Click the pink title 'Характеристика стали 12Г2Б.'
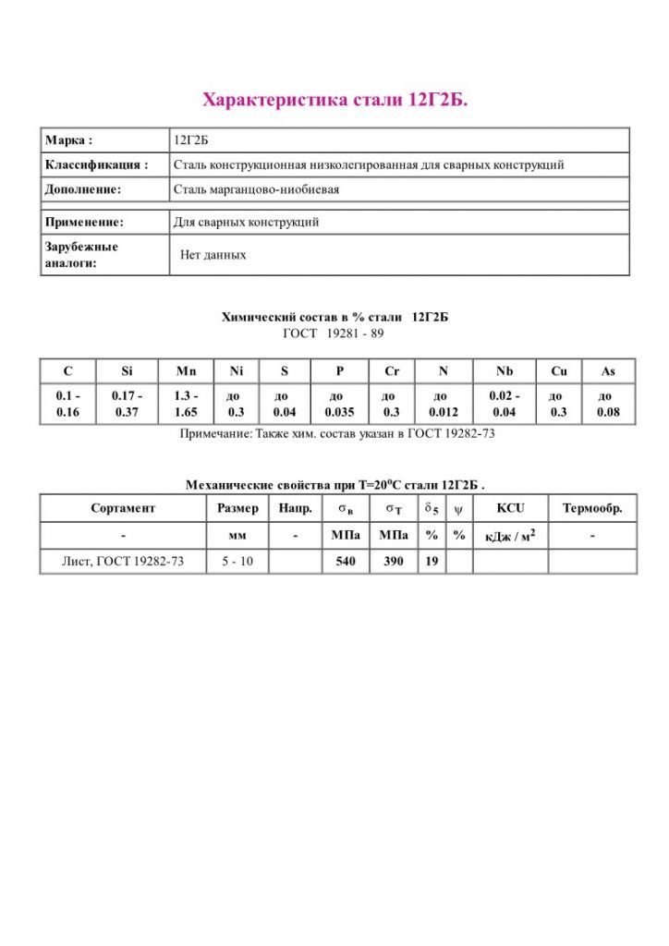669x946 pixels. (x=334, y=100)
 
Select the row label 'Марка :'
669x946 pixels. (x=68, y=140)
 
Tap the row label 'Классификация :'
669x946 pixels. (x=96, y=164)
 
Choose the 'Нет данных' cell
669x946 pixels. (x=213, y=254)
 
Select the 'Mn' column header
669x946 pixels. (x=187, y=371)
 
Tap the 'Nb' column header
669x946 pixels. (x=504, y=371)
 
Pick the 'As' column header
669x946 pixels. (x=607, y=371)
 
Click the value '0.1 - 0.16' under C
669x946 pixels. (x=68, y=405)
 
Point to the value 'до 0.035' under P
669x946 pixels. (x=339, y=405)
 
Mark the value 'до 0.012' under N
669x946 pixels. (x=443, y=405)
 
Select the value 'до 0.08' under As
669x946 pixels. (x=608, y=405)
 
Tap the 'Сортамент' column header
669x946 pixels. (x=123, y=508)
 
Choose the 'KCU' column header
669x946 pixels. (x=509, y=508)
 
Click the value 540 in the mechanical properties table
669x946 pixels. (x=346, y=561)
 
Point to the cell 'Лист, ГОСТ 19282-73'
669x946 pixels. (x=123, y=561)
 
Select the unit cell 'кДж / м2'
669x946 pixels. (x=509, y=535)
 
